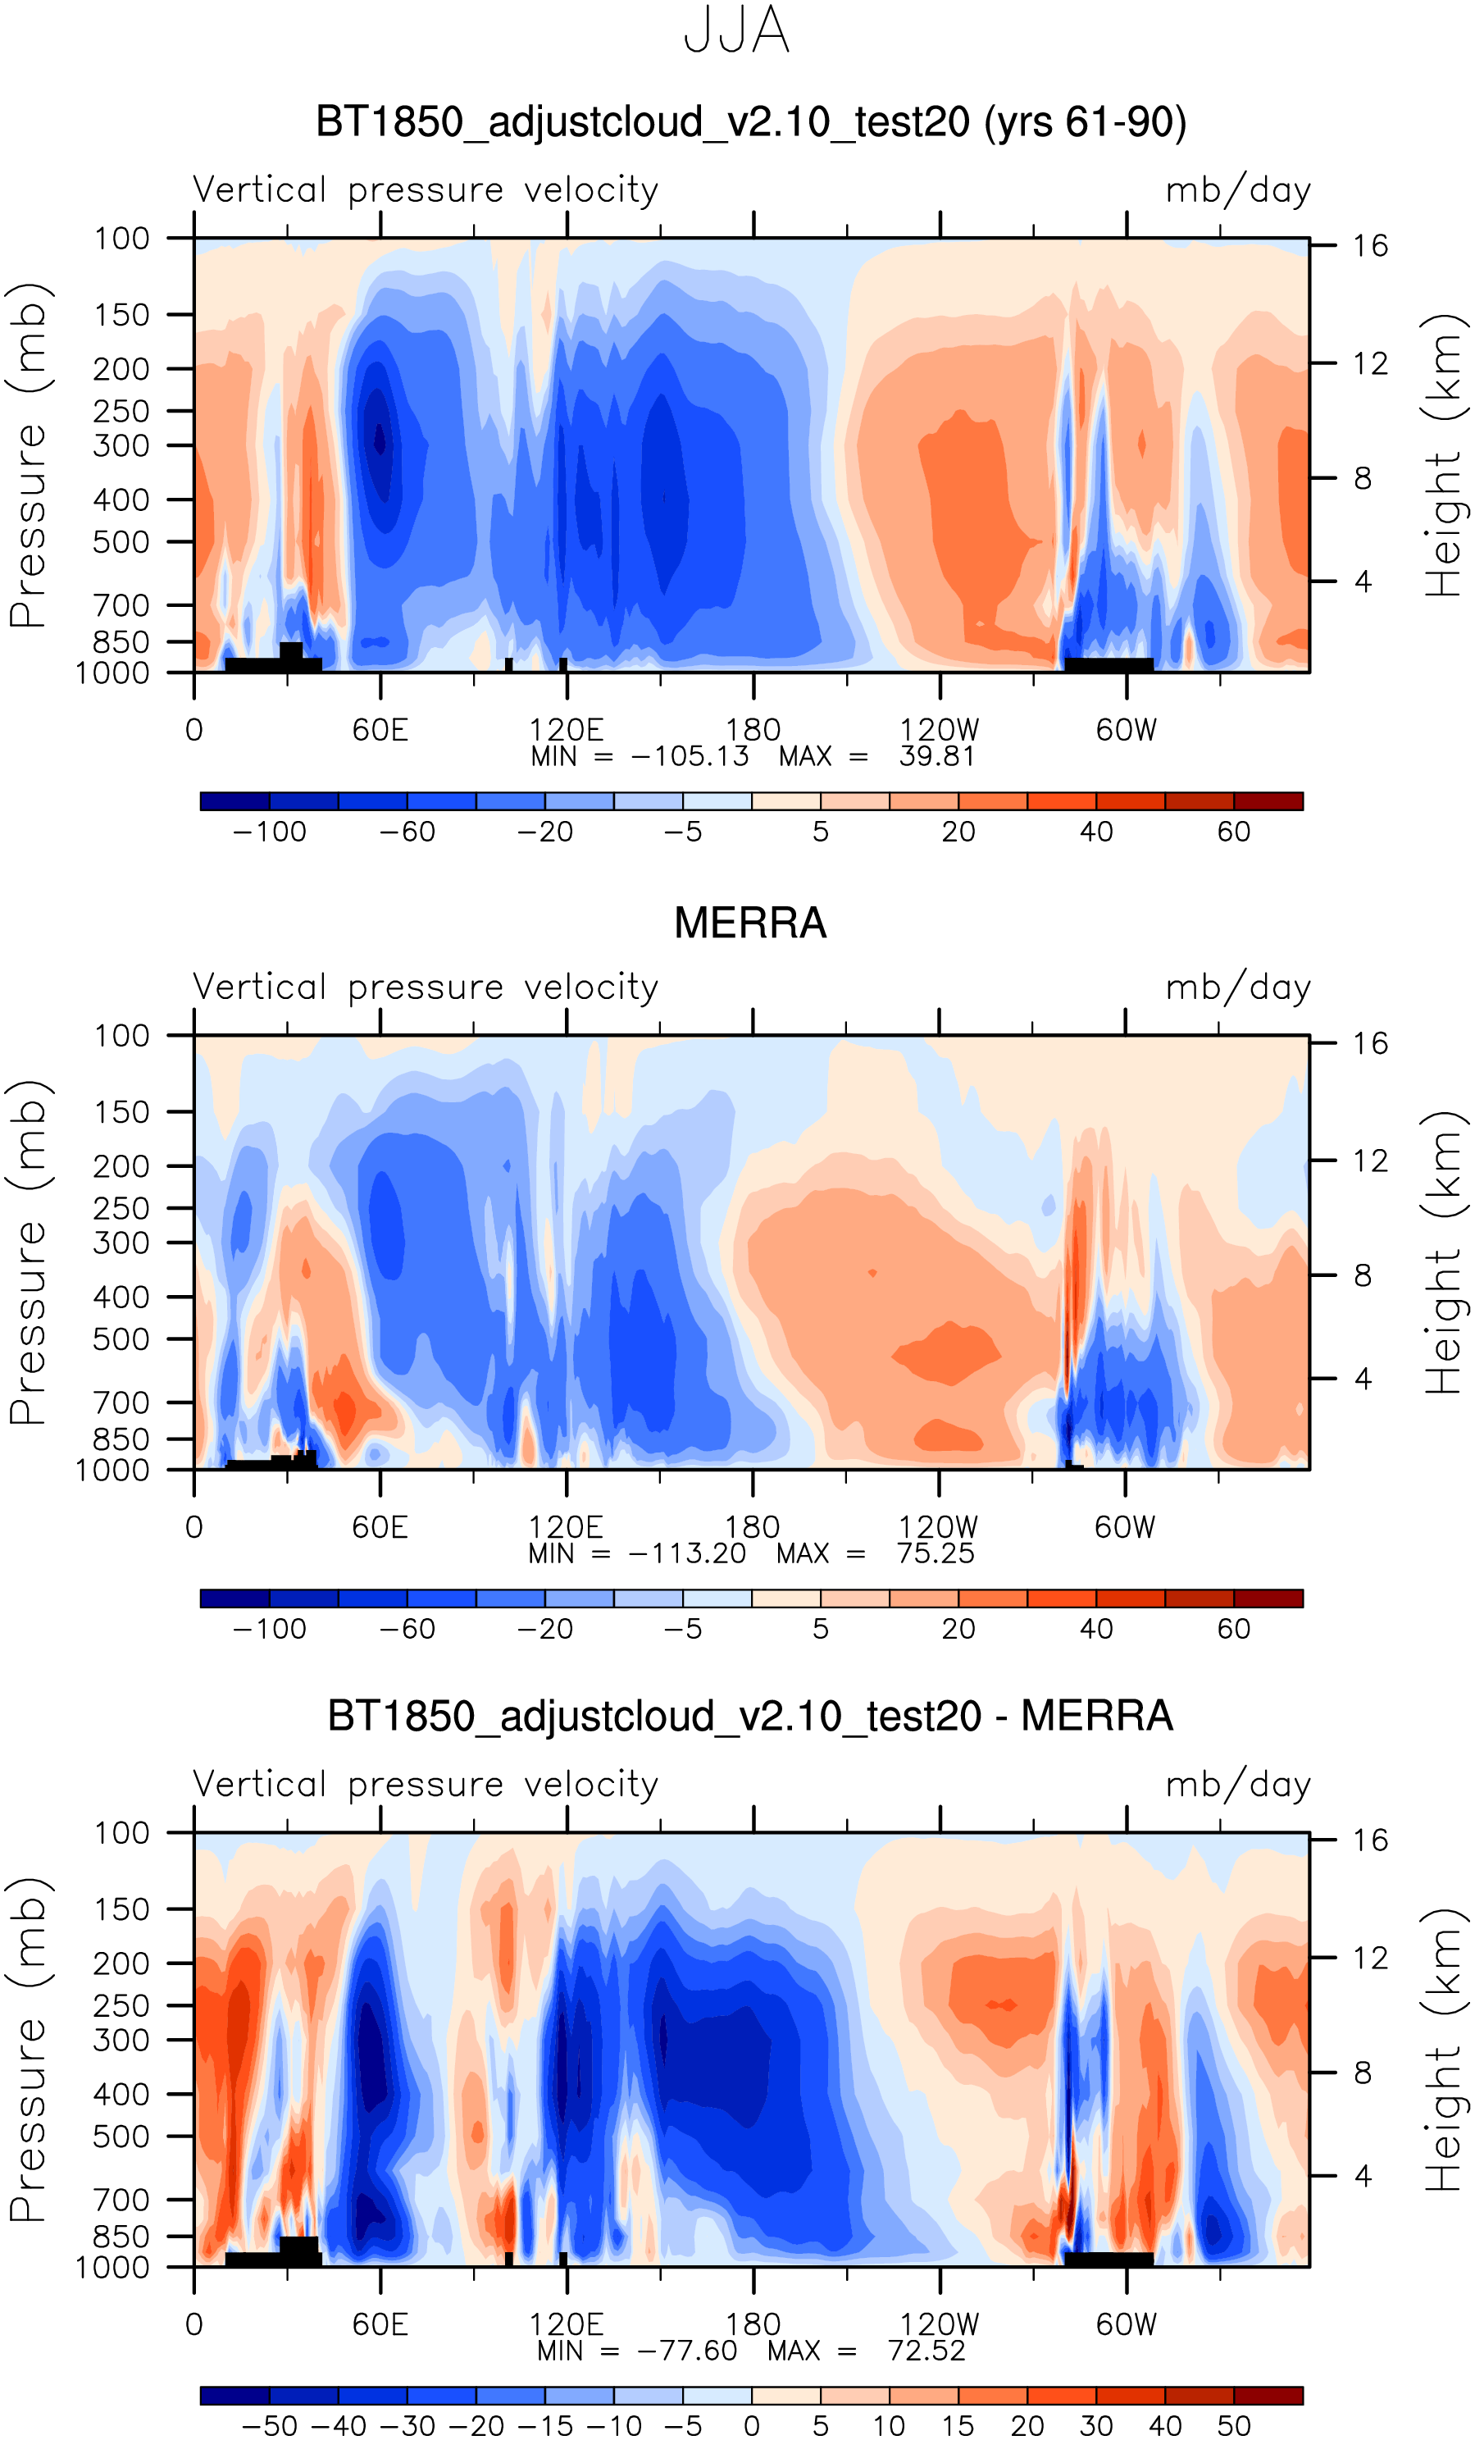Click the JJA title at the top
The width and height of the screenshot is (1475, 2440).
736,30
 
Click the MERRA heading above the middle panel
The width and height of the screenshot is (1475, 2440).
749,923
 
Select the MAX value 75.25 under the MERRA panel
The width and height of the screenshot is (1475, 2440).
936,1553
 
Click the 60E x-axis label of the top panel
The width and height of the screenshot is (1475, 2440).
380,730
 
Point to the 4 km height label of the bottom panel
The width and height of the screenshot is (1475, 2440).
1362,2176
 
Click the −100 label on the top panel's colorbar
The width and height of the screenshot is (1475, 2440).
269,832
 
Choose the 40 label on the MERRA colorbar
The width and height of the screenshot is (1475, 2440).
1096,1629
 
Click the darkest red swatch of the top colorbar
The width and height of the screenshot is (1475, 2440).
1268,801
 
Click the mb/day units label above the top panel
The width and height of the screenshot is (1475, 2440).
1237,189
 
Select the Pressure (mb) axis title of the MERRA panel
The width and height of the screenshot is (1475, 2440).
28,1252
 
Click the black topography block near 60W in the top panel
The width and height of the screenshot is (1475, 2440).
1108,664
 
